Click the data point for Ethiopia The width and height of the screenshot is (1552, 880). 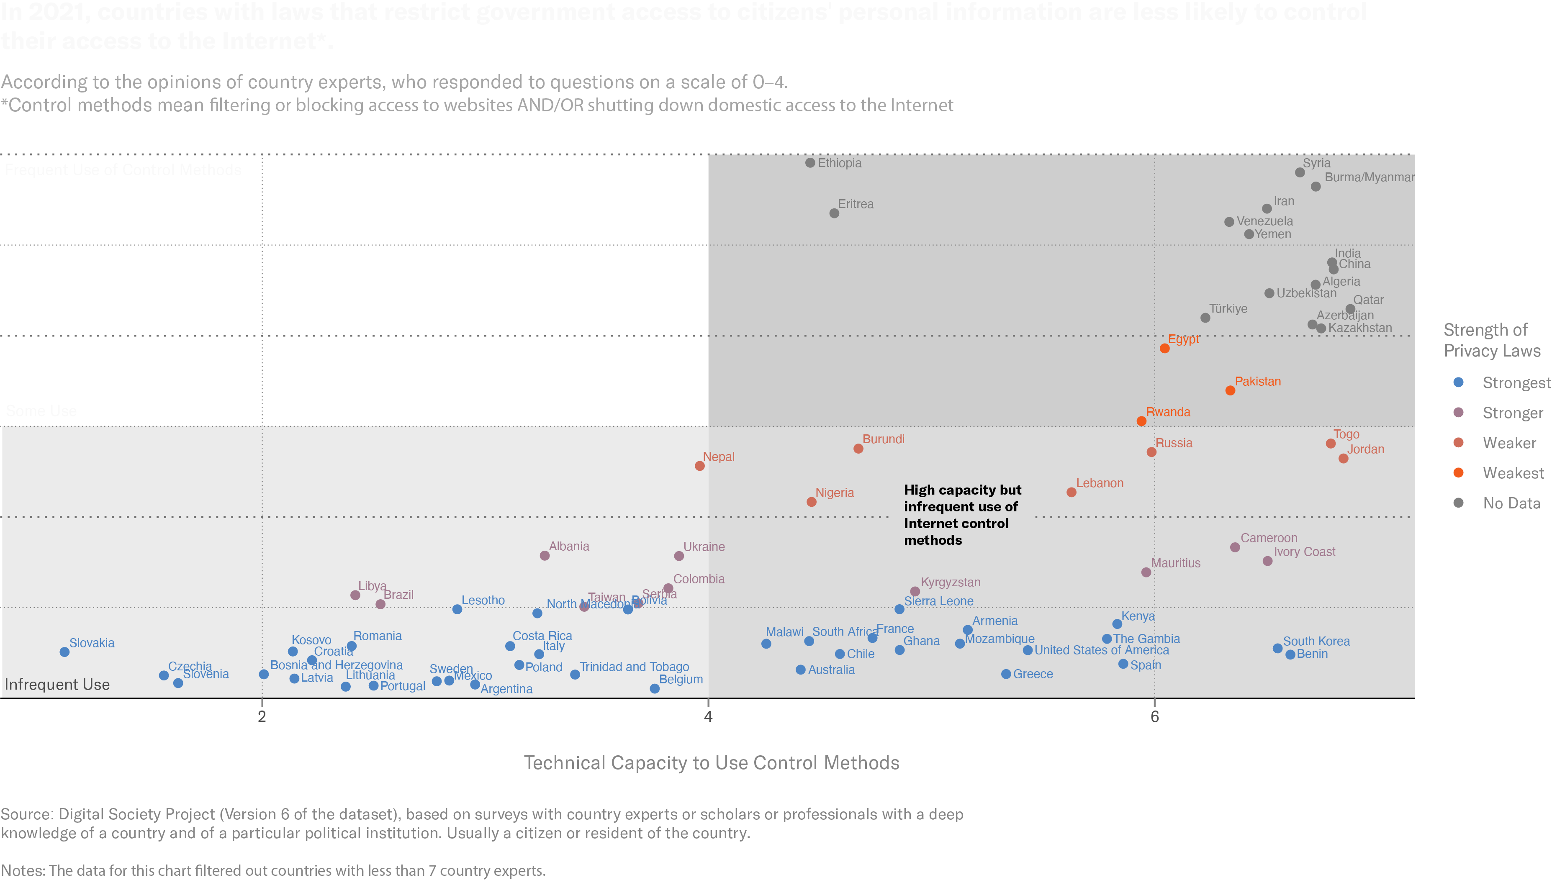click(x=810, y=163)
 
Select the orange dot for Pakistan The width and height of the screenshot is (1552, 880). click(x=1230, y=390)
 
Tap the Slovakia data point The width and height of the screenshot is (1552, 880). click(x=64, y=652)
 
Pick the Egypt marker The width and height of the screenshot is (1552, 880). click(x=1164, y=348)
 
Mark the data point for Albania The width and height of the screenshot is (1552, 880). click(x=545, y=555)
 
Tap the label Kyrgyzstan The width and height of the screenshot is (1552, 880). click(x=950, y=582)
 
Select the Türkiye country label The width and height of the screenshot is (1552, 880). click(x=1228, y=308)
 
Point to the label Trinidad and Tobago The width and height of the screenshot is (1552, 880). click(x=634, y=667)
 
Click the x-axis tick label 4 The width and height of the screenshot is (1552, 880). click(x=708, y=717)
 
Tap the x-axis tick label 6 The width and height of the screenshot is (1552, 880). click(x=1154, y=717)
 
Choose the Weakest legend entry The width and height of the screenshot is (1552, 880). click(x=1513, y=472)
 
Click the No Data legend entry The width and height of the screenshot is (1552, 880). click(x=1511, y=503)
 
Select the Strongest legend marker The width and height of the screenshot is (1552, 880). click(x=1458, y=382)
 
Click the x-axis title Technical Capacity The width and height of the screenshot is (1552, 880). click(x=712, y=763)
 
